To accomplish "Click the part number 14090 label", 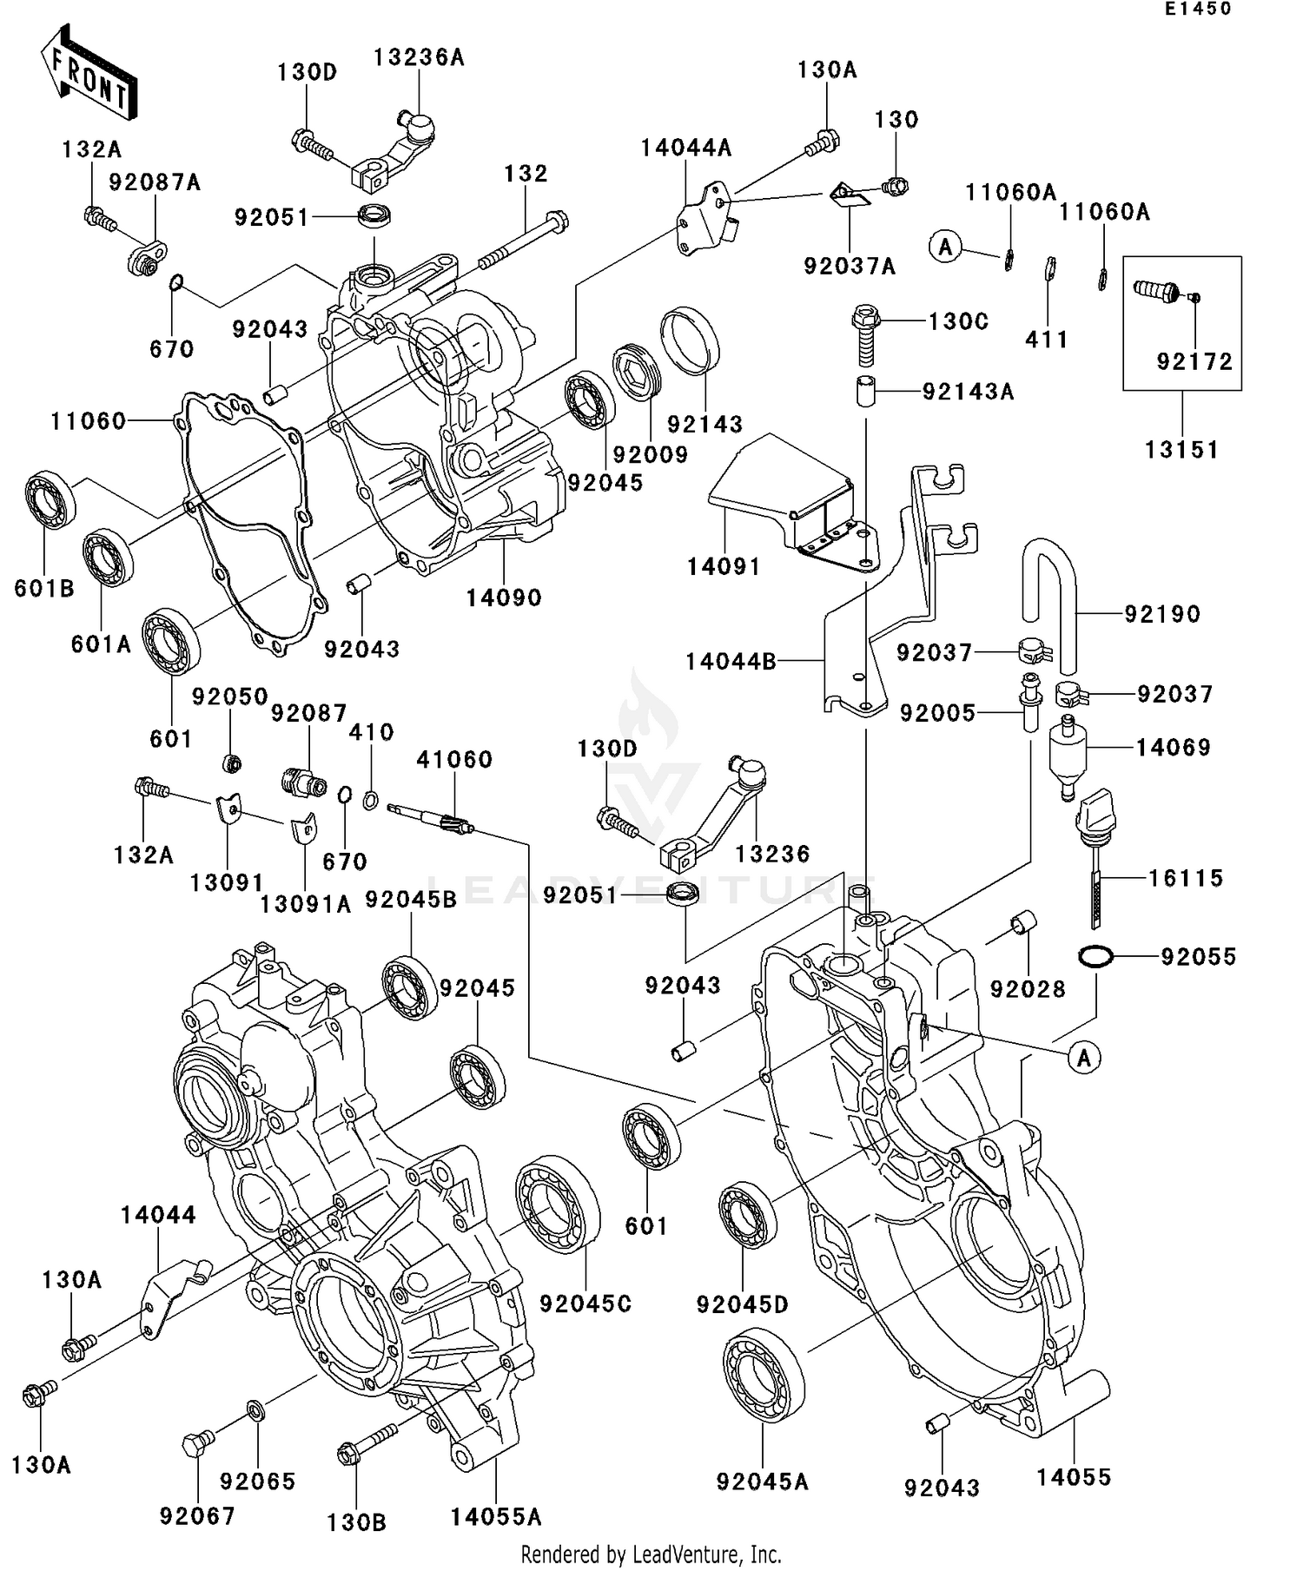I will tap(504, 597).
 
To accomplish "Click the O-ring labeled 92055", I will tap(1096, 956).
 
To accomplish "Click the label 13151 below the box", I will tap(1181, 450).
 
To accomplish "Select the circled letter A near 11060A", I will tap(945, 247).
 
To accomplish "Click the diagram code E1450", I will tap(1198, 9).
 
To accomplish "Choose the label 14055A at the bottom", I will tap(496, 1516).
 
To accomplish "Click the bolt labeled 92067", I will tap(194, 1445).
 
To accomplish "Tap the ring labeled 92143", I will tap(691, 341).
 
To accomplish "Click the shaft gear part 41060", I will tap(431, 816).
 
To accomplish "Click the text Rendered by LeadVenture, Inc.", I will tap(651, 1554).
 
